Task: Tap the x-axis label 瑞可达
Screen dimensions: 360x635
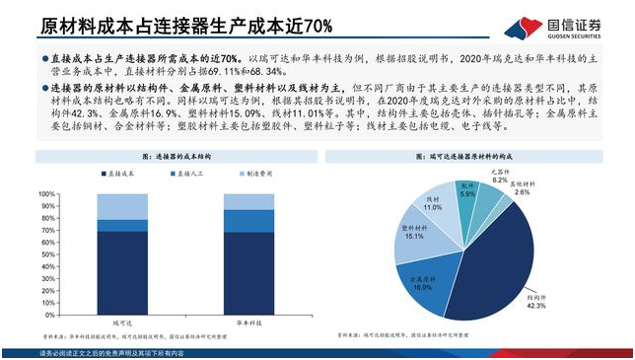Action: pos(121,322)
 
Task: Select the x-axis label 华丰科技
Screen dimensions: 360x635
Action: pos(249,322)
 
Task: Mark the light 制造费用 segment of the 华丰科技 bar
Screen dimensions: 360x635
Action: pos(248,201)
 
